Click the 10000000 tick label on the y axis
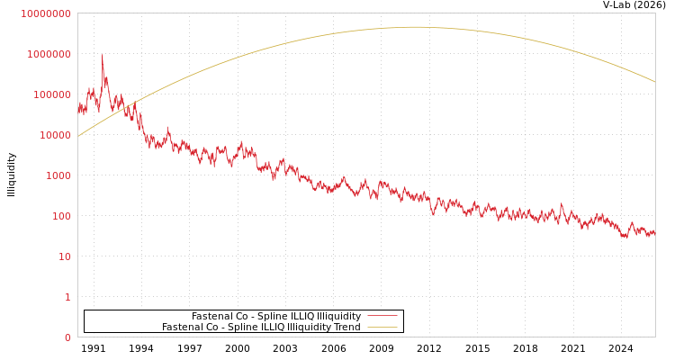(x=45, y=13)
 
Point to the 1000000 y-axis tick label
(x=48, y=54)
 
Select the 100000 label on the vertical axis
(x=50, y=94)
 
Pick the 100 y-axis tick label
(x=59, y=216)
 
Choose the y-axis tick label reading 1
(x=67, y=297)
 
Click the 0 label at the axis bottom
(x=67, y=337)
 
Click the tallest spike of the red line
(x=102, y=57)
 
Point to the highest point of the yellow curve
(x=416, y=27)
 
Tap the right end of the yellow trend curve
(x=654, y=82)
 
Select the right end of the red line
(x=654, y=232)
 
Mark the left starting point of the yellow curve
(x=78, y=136)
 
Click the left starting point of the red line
(x=78, y=108)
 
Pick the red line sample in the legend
(x=382, y=317)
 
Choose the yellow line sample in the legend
(x=382, y=328)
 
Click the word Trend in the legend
(x=348, y=328)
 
